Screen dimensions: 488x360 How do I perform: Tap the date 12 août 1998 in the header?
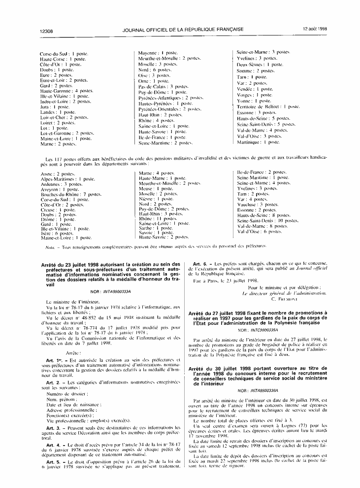[x=315, y=29]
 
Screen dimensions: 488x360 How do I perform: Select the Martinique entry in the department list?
[x=258, y=142]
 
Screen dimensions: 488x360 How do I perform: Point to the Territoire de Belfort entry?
[x=268, y=106]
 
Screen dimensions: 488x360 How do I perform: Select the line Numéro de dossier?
[x=65, y=394]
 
